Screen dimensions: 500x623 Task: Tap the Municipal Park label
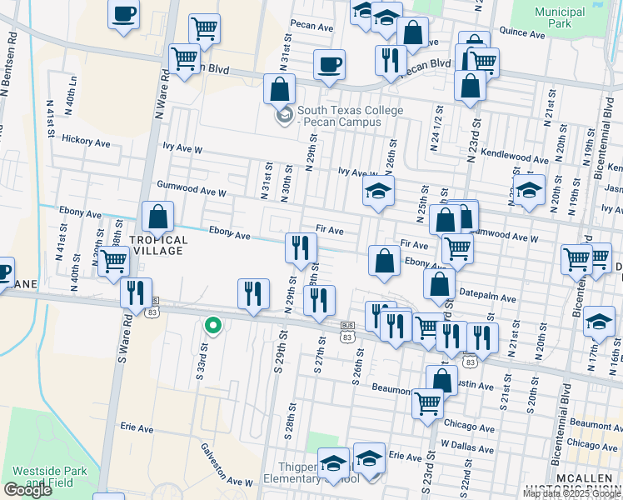tap(560, 19)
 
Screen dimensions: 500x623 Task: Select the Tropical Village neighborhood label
tap(158, 246)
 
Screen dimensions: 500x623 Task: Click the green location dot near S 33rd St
tap(213, 326)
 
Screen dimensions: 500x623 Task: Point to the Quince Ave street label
tap(521, 32)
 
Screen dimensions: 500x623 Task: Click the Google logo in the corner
tap(28, 490)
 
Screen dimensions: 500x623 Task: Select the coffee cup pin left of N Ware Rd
tap(124, 14)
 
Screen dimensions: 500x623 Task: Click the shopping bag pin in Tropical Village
tap(157, 218)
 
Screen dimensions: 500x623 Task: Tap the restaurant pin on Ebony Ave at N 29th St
tap(301, 247)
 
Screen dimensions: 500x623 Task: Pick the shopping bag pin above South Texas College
tap(281, 89)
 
